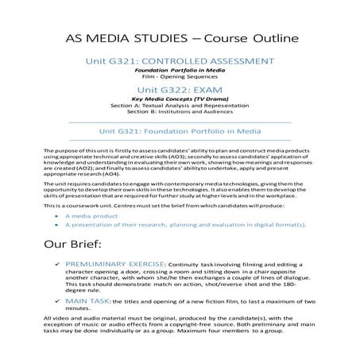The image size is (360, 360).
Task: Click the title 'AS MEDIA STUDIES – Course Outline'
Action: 180,38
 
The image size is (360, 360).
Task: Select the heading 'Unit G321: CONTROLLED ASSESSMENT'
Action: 179,61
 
